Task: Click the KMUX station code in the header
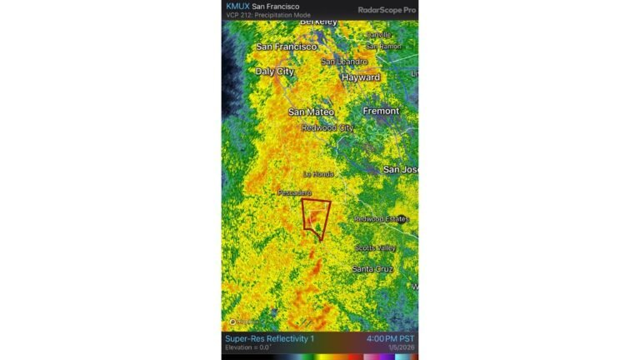tap(237, 6)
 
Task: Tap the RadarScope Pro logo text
tap(387, 9)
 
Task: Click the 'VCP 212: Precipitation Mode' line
tap(267, 16)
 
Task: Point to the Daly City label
tap(275, 72)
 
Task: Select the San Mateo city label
tap(311, 112)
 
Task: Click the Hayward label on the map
tap(360, 77)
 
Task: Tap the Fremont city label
tap(382, 111)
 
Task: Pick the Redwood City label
tap(327, 127)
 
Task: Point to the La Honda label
tap(318, 174)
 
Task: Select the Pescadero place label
tap(294, 192)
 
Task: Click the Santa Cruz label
tap(372, 269)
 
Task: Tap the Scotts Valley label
tap(377, 248)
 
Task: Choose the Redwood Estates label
tap(382, 219)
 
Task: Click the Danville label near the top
tap(378, 35)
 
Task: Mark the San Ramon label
tap(383, 47)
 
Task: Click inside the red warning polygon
tap(315, 215)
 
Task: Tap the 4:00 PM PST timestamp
tap(388, 339)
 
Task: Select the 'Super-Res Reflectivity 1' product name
tap(270, 339)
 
